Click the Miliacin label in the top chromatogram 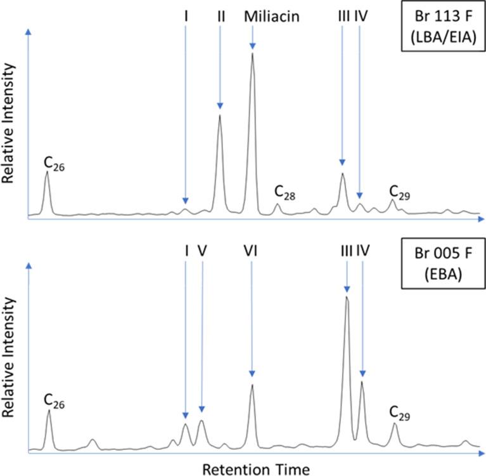[271, 15]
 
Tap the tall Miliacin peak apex [253, 54]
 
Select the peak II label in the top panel [220, 15]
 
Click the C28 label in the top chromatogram [285, 191]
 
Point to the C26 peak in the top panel [47, 173]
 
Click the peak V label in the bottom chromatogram [202, 252]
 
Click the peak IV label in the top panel [361, 15]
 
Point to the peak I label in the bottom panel [186, 252]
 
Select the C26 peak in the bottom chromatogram [49, 411]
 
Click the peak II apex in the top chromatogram [220, 116]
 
